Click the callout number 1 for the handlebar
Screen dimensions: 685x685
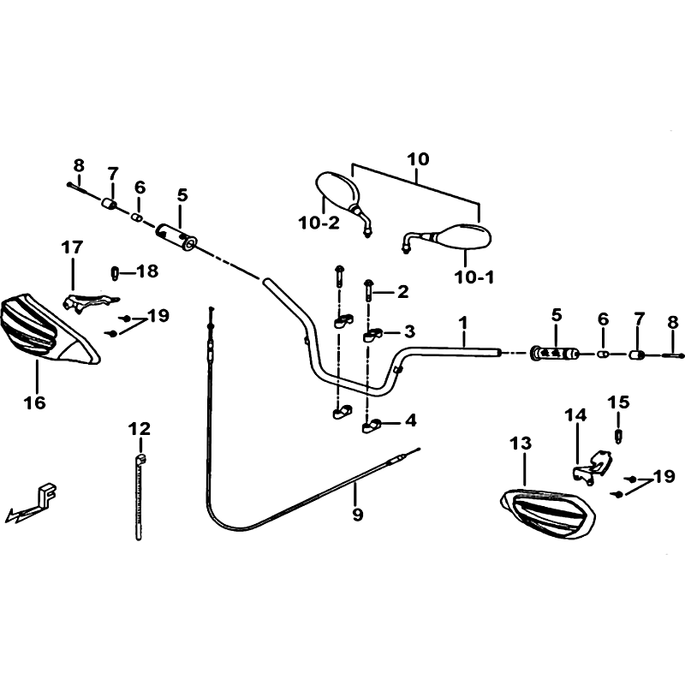(463, 324)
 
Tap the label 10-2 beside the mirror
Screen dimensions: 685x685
(319, 223)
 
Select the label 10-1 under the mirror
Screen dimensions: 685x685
(474, 277)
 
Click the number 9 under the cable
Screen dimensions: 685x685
(357, 515)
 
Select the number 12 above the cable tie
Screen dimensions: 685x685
(140, 429)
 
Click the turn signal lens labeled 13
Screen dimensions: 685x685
(548, 513)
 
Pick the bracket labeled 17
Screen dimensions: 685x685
(90, 301)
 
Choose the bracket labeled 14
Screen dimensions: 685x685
(593, 466)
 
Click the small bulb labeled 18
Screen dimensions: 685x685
(115, 273)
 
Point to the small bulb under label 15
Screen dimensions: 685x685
(618, 437)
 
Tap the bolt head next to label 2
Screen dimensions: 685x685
(369, 283)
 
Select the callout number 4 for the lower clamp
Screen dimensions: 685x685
(411, 420)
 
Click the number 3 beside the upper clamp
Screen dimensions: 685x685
(409, 331)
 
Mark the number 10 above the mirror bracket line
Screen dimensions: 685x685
(418, 159)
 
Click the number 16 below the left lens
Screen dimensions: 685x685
(35, 402)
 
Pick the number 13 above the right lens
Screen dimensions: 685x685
(521, 444)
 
